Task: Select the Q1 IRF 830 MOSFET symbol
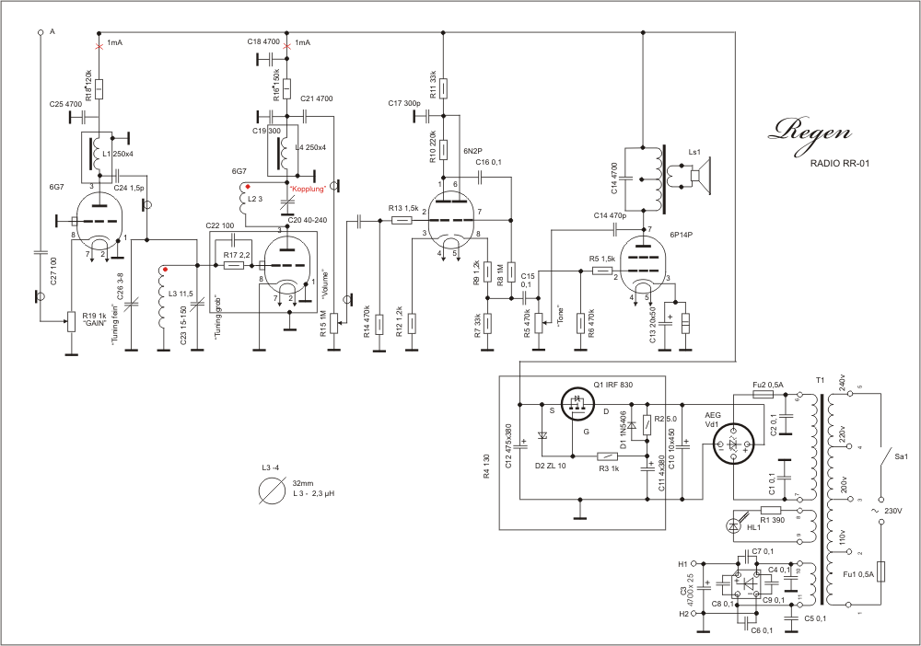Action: tap(577, 405)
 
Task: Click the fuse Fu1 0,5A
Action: tap(881, 572)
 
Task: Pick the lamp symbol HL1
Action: tap(735, 525)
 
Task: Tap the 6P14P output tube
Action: tap(644, 264)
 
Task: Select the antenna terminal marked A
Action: tap(41, 32)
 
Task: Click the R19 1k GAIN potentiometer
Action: tap(71, 321)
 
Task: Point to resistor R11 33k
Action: tap(444, 87)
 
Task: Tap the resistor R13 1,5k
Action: tap(401, 220)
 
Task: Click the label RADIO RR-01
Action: tap(841, 163)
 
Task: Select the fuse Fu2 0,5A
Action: tap(763, 394)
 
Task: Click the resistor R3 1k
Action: tap(607, 456)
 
